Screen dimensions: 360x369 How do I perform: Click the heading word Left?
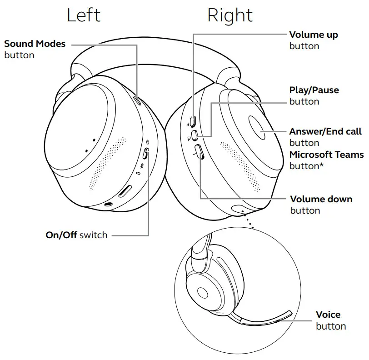coord(84,15)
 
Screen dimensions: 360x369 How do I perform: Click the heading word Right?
coord(230,15)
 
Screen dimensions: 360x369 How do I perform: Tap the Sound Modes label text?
coord(35,44)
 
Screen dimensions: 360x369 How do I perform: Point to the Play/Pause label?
coord(314,90)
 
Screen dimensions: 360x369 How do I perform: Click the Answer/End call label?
coord(325,131)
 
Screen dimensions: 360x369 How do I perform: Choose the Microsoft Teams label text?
coord(326,155)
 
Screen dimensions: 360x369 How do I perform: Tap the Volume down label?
coord(321,199)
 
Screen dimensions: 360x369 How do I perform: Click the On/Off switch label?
coord(76,235)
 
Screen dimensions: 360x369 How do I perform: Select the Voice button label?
coord(328,315)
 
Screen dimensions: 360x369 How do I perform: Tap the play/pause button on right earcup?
coord(194,135)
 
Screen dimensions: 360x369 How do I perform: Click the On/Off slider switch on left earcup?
coord(146,154)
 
